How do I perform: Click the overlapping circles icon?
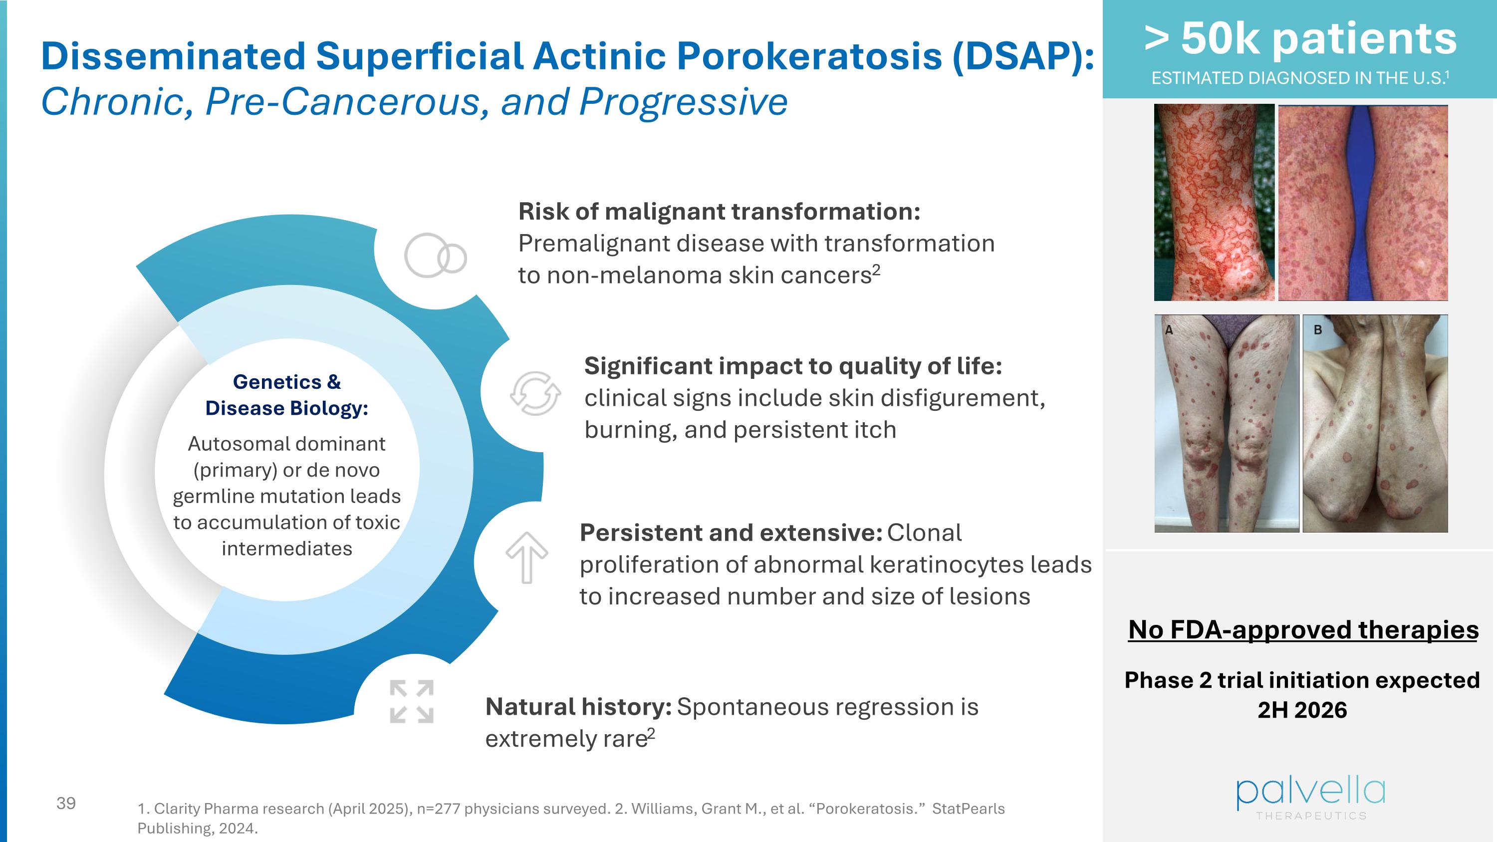click(x=435, y=256)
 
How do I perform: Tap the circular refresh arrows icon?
click(x=535, y=393)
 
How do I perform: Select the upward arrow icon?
click(x=526, y=557)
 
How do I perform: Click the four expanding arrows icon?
click(x=412, y=701)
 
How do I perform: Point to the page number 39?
click(x=66, y=803)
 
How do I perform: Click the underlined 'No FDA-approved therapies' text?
click(x=1303, y=630)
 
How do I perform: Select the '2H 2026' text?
click(x=1302, y=710)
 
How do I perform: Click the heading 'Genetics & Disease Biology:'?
click(x=286, y=395)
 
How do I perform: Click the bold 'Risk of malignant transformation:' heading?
click(x=719, y=212)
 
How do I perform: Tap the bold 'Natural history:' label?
click(x=578, y=707)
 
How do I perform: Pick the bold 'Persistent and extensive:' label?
click(x=731, y=533)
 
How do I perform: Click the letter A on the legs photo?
click(x=1169, y=330)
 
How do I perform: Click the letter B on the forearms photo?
click(x=1318, y=329)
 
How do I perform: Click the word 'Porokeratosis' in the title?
click(x=809, y=56)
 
